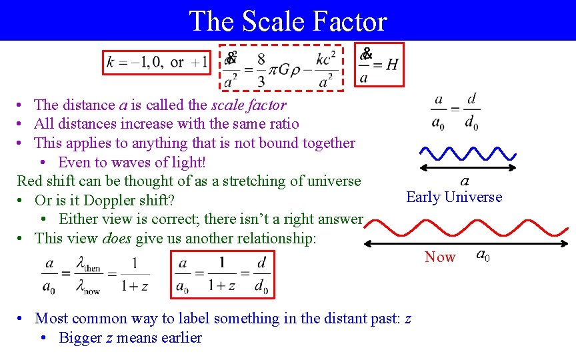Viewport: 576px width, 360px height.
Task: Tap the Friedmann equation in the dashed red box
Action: pyautogui.click(x=281, y=67)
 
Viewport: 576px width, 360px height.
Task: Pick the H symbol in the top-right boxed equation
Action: pyautogui.click(x=392, y=64)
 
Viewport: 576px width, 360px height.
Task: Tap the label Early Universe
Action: pyautogui.click(x=454, y=197)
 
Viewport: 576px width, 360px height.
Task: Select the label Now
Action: pyautogui.click(x=440, y=257)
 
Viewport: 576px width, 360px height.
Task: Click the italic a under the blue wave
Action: pyautogui.click(x=465, y=181)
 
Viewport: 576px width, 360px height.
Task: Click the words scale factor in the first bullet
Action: pyautogui.click(x=249, y=105)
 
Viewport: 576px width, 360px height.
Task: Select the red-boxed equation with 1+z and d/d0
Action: pyautogui.click(x=223, y=275)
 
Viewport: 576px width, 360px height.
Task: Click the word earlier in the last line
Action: pyautogui.click(x=178, y=337)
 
